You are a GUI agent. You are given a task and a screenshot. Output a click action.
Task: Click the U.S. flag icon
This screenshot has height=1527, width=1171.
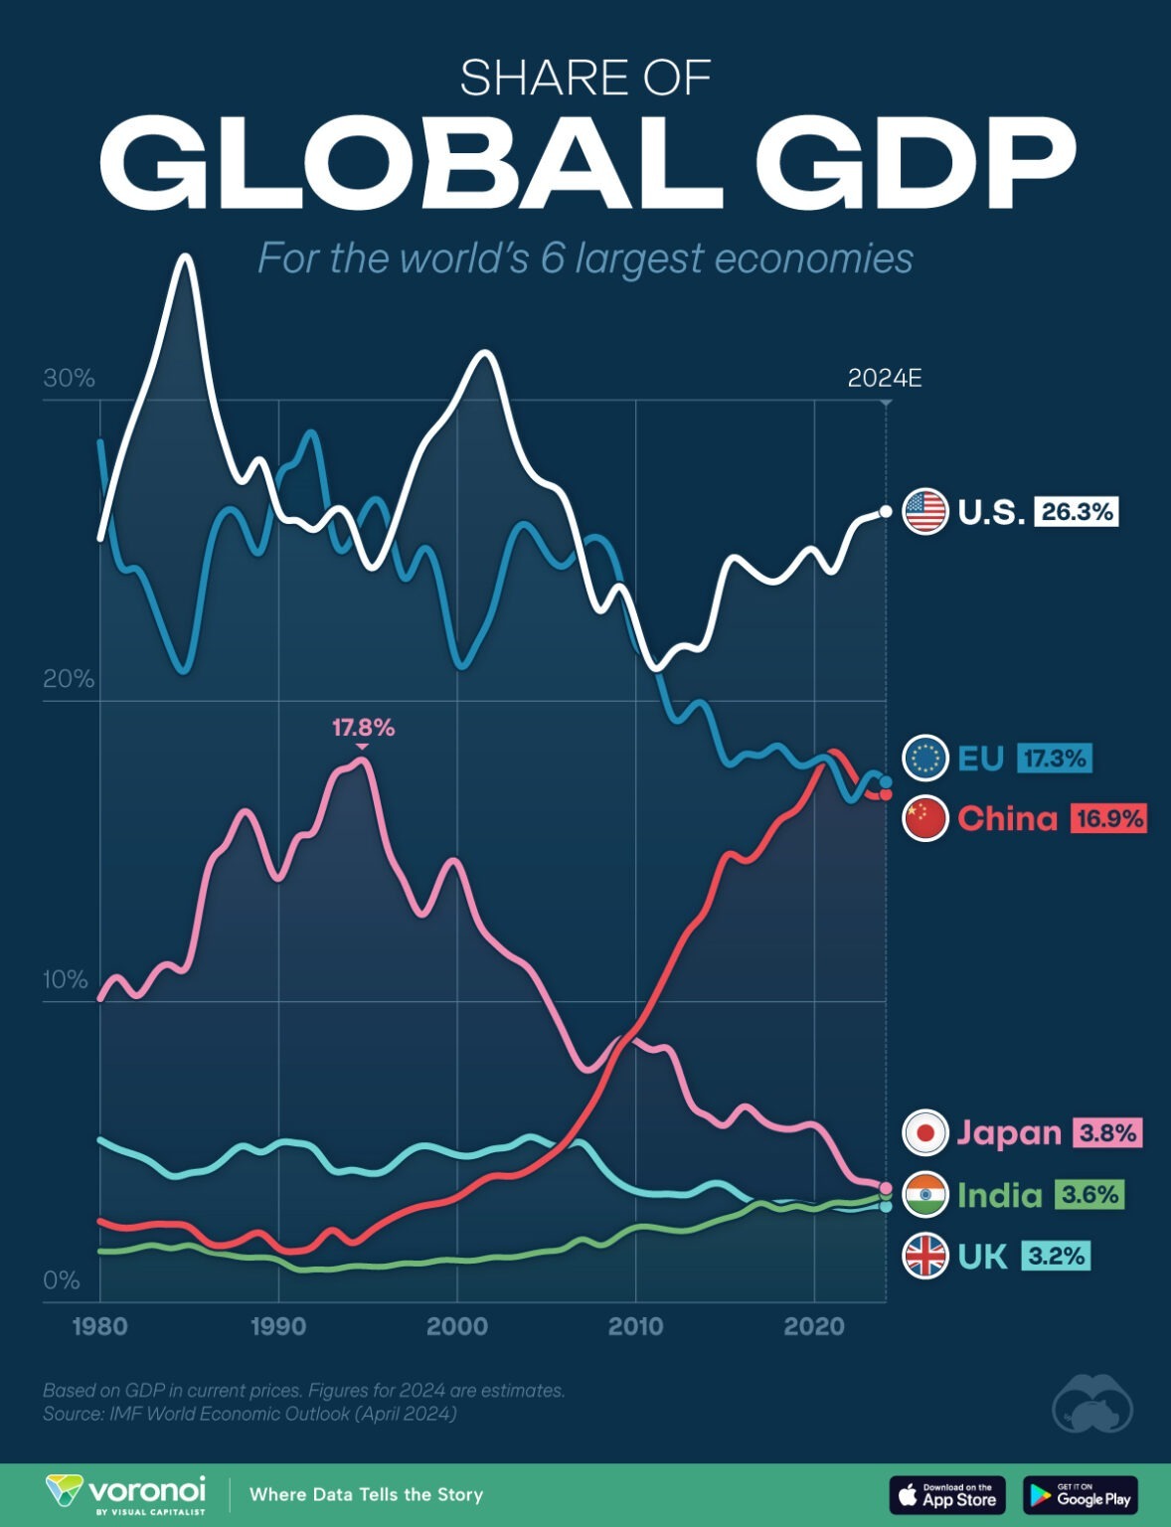pyautogui.click(x=924, y=512)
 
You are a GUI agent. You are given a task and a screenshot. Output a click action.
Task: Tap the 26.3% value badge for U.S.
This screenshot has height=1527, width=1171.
pyautogui.click(x=1077, y=512)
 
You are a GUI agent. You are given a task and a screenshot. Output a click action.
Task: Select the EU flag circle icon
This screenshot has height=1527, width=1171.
pyautogui.click(x=924, y=759)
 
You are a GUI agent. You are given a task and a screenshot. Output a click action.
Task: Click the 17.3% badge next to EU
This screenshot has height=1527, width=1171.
pyautogui.click(x=1055, y=759)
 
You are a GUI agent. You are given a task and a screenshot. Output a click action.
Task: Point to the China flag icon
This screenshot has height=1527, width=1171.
pyautogui.click(x=924, y=818)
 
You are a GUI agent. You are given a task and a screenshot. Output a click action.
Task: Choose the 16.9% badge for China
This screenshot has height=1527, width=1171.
pyautogui.click(x=1108, y=818)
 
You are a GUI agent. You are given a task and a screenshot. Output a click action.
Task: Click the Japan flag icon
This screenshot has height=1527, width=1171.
pyautogui.click(x=924, y=1132)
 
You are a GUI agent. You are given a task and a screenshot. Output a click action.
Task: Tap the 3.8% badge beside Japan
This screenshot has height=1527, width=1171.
pyautogui.click(x=1107, y=1132)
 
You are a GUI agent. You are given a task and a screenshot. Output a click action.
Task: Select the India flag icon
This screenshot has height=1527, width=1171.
pyautogui.click(x=924, y=1194)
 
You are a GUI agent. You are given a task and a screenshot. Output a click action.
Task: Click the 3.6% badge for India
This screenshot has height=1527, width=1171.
pyautogui.click(x=1089, y=1194)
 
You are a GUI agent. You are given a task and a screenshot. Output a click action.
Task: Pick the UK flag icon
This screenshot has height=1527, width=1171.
pyautogui.click(x=924, y=1257)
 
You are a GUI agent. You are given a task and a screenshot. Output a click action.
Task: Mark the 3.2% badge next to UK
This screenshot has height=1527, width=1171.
pyautogui.click(x=1056, y=1257)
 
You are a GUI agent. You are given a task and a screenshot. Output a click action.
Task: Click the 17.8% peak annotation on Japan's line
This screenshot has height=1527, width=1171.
pyautogui.click(x=363, y=729)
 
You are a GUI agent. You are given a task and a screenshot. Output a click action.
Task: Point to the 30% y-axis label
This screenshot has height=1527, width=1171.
pyautogui.click(x=69, y=379)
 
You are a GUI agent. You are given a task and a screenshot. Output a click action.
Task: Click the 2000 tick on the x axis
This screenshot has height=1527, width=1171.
pyautogui.click(x=456, y=1326)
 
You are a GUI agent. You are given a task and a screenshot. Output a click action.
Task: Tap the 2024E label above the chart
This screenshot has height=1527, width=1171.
pyautogui.click(x=885, y=379)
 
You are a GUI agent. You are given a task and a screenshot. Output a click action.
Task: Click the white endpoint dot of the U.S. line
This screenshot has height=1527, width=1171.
pyautogui.click(x=886, y=512)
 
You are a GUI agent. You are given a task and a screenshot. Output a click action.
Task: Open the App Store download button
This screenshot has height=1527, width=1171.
pyautogui.click(x=947, y=1495)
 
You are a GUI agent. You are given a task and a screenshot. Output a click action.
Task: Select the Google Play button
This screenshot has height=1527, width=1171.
pyautogui.click(x=1081, y=1495)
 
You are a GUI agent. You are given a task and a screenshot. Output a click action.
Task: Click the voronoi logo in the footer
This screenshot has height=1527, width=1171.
pyautogui.click(x=126, y=1494)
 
